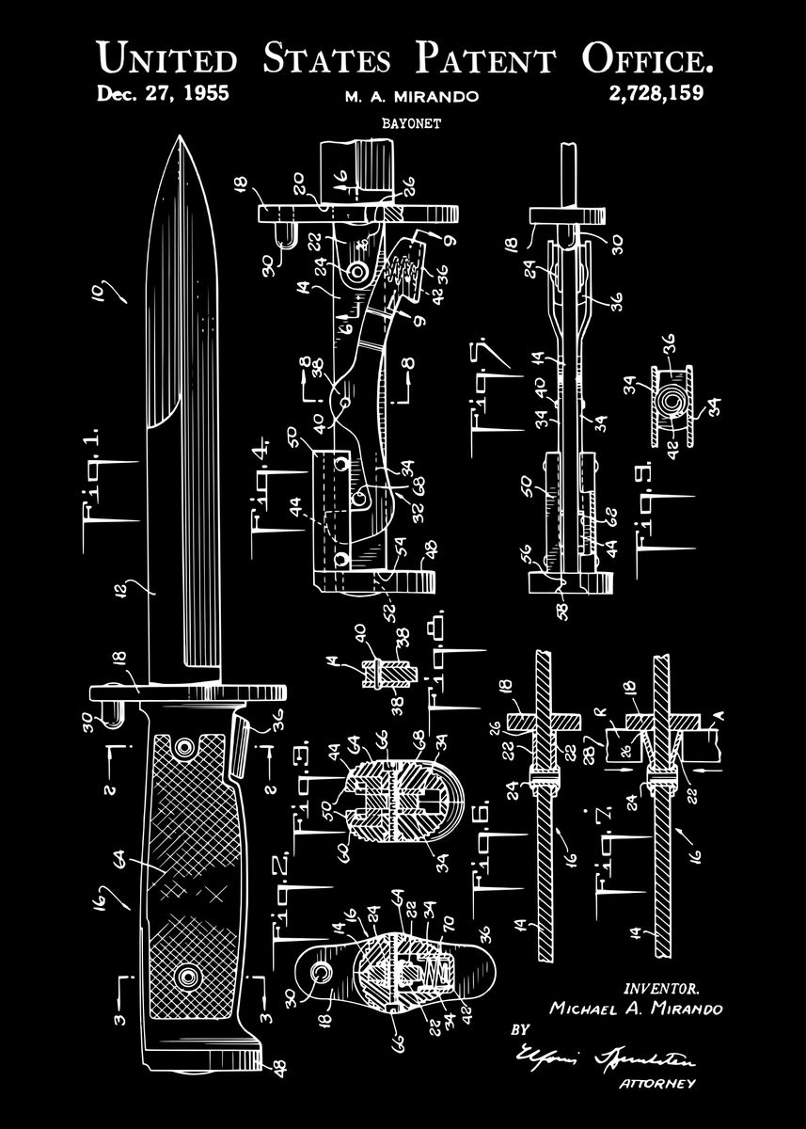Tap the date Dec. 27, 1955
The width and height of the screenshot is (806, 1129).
pyautogui.click(x=163, y=93)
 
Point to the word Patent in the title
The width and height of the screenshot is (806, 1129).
pyautogui.click(x=485, y=59)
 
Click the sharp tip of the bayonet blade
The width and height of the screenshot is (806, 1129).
pyautogui.click(x=178, y=138)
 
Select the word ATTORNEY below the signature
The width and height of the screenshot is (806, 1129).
pyautogui.click(x=657, y=1084)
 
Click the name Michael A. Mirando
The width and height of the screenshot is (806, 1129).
pyautogui.click(x=636, y=1009)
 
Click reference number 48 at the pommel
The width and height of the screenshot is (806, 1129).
pyautogui.click(x=278, y=1066)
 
